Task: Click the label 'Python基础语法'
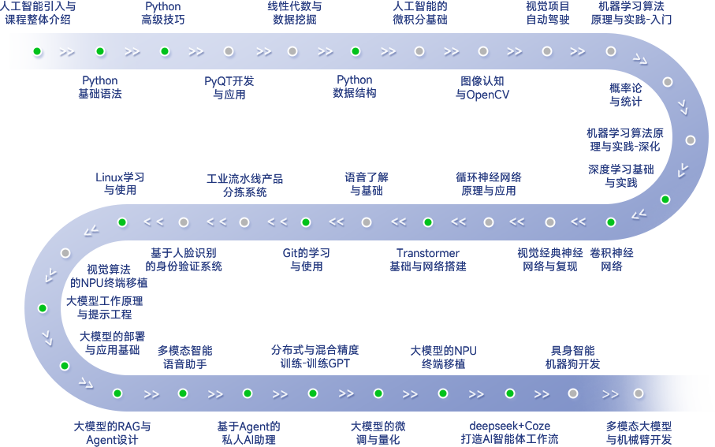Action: [x=100, y=87]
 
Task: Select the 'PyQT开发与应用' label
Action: [x=229, y=88]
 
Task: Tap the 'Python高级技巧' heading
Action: [x=164, y=13]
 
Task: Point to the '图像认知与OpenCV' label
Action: [x=482, y=88]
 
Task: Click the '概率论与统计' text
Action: [x=626, y=95]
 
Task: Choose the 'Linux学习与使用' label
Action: [x=120, y=184]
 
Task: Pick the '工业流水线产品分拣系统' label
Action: [x=244, y=185]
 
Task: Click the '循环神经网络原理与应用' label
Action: [x=489, y=184]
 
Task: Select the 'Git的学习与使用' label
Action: [x=307, y=259]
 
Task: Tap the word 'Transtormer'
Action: [x=428, y=253]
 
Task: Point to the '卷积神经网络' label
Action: [x=612, y=259]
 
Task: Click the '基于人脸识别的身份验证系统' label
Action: [x=184, y=259]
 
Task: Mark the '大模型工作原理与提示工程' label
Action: [x=104, y=307]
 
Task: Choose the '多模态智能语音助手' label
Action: [x=184, y=357]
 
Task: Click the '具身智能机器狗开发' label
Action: [x=572, y=357]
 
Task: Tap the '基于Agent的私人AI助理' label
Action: [x=248, y=433]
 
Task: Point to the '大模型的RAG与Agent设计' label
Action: [x=112, y=433]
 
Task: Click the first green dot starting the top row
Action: [x=37, y=51]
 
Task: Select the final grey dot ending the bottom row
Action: [x=639, y=393]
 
